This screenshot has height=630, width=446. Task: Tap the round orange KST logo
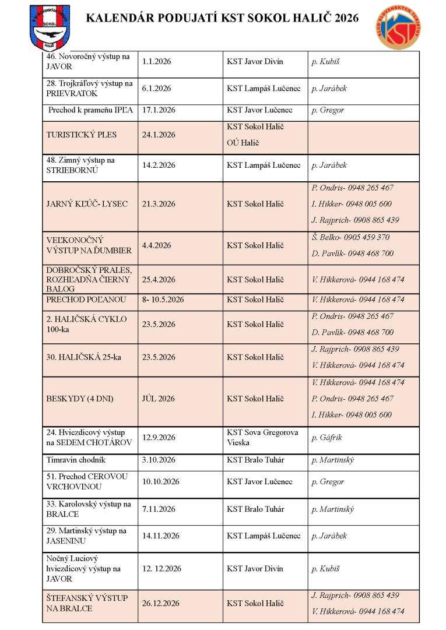pos(399,26)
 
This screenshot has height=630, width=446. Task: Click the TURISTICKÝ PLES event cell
pos(82,135)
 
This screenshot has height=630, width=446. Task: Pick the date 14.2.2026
pos(159,166)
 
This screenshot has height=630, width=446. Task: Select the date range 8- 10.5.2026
pos(163,300)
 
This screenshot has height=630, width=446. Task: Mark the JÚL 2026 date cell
pos(159,399)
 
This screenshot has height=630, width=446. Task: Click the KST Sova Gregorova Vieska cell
pos(262,438)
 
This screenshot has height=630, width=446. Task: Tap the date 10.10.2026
pos(160,482)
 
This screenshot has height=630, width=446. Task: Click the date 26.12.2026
pos(160,603)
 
